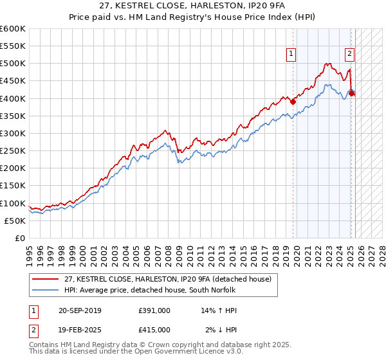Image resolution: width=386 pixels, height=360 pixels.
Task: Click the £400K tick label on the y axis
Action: click(13, 98)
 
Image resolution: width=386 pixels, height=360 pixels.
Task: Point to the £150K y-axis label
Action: click(13, 186)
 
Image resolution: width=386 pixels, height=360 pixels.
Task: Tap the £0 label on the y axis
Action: click(21, 238)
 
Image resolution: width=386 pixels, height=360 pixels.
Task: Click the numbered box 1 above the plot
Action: click(291, 55)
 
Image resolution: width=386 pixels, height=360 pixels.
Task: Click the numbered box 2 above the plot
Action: click(349, 55)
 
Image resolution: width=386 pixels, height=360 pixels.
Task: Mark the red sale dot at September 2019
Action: click(293, 101)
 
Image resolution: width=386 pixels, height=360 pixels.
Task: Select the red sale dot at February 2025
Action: click(351, 93)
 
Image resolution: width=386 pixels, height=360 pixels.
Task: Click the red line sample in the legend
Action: click(46, 278)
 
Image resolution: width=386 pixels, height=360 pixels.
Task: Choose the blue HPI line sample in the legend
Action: click(46, 290)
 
